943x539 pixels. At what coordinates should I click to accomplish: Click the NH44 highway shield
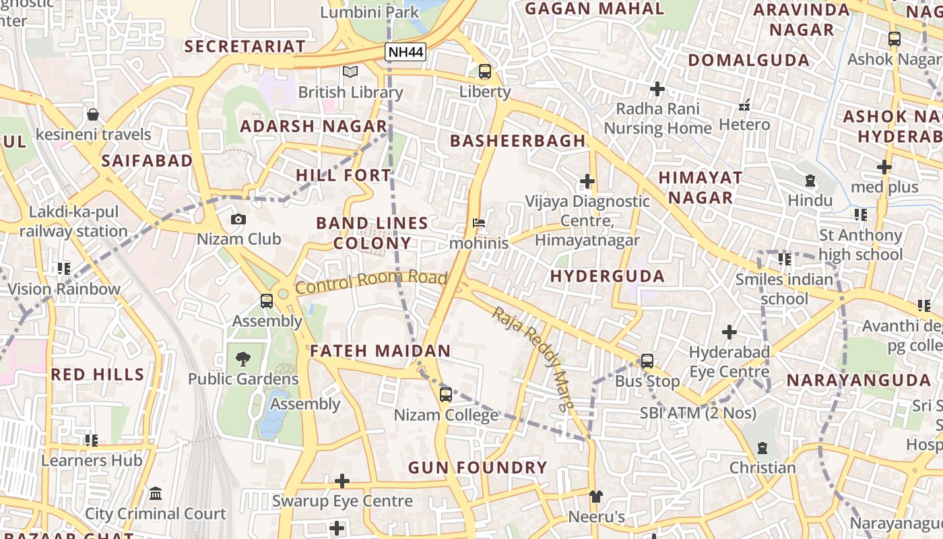(x=405, y=51)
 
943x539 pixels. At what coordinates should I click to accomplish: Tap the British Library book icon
(x=350, y=71)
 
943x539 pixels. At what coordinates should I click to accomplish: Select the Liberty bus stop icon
(x=485, y=71)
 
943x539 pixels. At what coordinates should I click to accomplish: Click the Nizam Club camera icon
(x=238, y=219)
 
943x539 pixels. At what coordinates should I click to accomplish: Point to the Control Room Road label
(x=371, y=282)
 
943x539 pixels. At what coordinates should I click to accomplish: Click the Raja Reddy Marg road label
(x=533, y=358)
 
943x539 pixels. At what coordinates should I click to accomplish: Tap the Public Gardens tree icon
(x=243, y=358)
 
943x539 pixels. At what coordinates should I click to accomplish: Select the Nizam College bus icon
(x=445, y=395)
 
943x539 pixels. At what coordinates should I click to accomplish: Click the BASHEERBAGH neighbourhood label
(x=517, y=141)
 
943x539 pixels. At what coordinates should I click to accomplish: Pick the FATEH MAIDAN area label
(x=380, y=351)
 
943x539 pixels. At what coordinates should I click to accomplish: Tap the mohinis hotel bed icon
(x=479, y=222)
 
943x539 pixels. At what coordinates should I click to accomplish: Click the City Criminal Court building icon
(x=156, y=494)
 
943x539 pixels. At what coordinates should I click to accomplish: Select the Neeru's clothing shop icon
(x=596, y=497)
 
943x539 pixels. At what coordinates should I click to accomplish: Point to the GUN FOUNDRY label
(x=478, y=467)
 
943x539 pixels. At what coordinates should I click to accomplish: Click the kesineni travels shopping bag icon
(x=93, y=115)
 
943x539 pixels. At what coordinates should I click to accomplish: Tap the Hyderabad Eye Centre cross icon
(x=729, y=332)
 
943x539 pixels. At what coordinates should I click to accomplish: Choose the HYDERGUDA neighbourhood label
(x=607, y=276)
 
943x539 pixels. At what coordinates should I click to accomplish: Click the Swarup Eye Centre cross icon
(x=342, y=480)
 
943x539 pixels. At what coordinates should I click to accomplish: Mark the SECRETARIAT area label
(x=245, y=46)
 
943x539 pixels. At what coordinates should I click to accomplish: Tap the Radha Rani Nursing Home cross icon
(x=657, y=88)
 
